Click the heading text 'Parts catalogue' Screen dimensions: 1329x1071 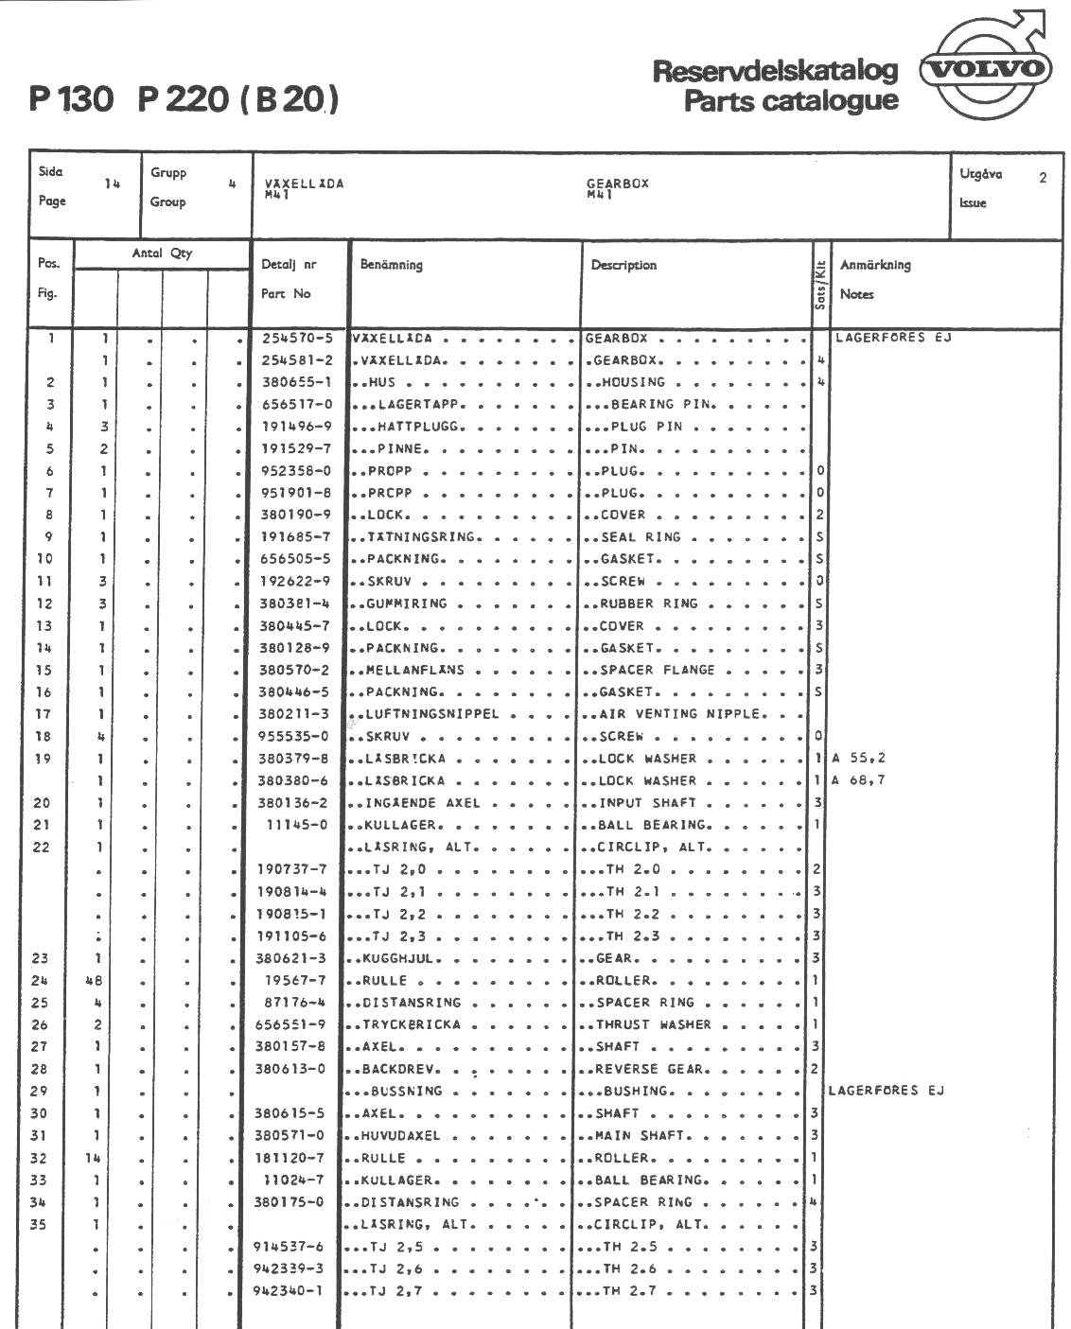(x=791, y=100)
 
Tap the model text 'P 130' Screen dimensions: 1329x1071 (x=71, y=98)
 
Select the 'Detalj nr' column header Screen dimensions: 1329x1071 (x=289, y=265)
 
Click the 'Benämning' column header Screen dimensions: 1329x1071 (x=391, y=265)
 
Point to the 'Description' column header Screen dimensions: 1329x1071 (x=623, y=265)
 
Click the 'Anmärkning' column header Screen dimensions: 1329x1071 (x=875, y=265)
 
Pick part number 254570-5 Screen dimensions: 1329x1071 (x=296, y=338)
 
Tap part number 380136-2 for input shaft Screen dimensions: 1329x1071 (x=294, y=803)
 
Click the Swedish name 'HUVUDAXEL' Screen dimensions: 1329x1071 (x=400, y=1135)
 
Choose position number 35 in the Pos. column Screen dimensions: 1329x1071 (x=39, y=1225)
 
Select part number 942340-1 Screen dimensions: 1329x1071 (x=289, y=1291)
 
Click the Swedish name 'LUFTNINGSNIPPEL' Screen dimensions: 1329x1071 (x=431, y=714)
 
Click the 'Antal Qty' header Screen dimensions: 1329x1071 (x=162, y=254)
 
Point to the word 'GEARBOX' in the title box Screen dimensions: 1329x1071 (x=617, y=184)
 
